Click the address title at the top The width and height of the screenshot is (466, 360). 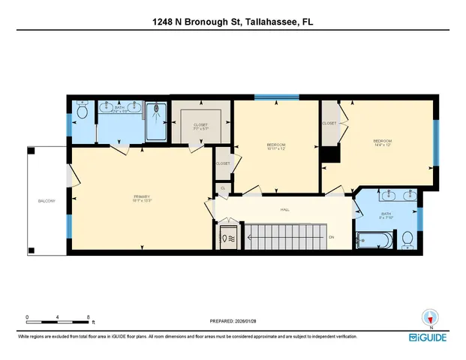pyautogui.click(x=233, y=22)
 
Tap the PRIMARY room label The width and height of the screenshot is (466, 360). pyautogui.click(x=143, y=198)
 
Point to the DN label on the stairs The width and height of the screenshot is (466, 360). pyautogui.click(x=332, y=237)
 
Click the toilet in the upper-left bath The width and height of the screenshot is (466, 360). pyautogui.click(x=83, y=113)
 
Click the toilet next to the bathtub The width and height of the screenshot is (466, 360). pyautogui.click(x=407, y=238)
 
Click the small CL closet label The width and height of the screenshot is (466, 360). pyautogui.click(x=223, y=188)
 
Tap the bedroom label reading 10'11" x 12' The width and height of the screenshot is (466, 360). pyautogui.click(x=276, y=146)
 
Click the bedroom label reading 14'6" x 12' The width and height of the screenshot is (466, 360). pyautogui.click(x=383, y=142)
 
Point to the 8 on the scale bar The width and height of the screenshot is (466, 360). pyautogui.click(x=89, y=318)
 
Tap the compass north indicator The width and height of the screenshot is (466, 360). pyautogui.click(x=430, y=318)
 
